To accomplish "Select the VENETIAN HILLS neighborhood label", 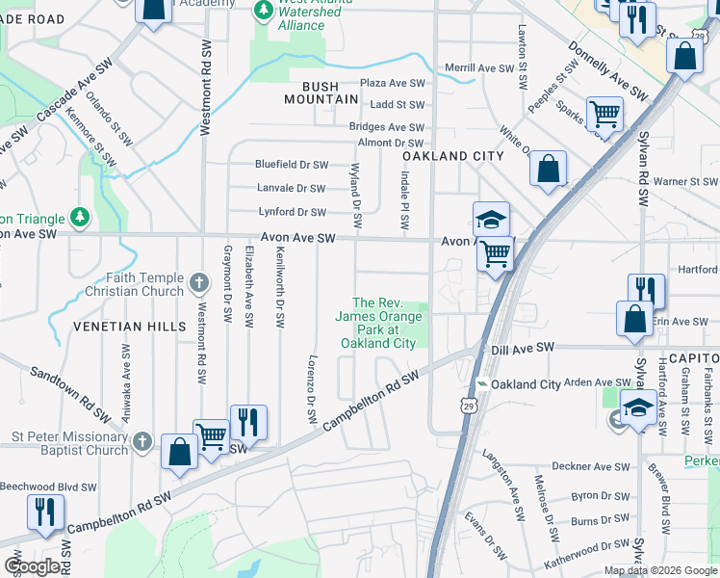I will (129, 327).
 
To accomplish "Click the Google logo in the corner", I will (33, 565).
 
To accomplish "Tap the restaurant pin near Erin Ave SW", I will (646, 290).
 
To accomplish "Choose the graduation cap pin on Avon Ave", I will (491, 218).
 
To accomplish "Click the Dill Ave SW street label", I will (524, 347).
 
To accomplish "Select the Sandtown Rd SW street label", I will (70, 395).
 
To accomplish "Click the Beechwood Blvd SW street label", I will (45, 486).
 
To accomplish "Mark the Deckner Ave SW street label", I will (597, 467).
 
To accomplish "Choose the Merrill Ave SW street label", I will (481, 68).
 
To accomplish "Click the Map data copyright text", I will (659, 569).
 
